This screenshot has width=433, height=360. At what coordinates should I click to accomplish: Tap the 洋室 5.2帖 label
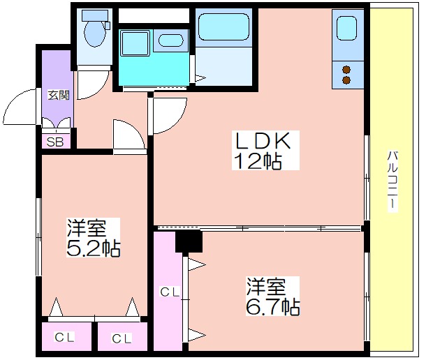click(93, 237)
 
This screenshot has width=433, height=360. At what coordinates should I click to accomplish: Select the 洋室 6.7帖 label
click(273, 297)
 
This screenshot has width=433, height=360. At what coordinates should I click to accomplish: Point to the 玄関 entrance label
click(59, 95)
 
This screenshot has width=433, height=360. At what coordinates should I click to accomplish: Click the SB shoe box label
click(55, 142)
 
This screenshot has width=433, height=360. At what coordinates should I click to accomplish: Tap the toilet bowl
click(95, 33)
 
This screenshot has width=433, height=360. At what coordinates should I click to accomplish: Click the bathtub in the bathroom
click(224, 27)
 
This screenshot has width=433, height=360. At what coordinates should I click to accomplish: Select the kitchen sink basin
click(346, 28)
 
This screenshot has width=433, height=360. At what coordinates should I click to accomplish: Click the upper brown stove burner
click(346, 70)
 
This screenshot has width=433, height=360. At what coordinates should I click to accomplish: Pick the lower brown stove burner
click(346, 80)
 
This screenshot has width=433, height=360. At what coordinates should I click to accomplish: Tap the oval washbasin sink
click(171, 40)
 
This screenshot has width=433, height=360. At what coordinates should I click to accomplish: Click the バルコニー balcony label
click(392, 181)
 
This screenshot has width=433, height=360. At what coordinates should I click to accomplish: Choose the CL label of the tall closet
click(170, 292)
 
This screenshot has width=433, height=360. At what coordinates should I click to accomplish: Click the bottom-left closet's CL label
click(64, 337)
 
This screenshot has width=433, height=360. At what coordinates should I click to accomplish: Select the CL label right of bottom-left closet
click(122, 338)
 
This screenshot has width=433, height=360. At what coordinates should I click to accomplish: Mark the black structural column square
click(189, 241)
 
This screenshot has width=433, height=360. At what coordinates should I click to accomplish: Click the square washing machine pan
click(135, 43)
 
